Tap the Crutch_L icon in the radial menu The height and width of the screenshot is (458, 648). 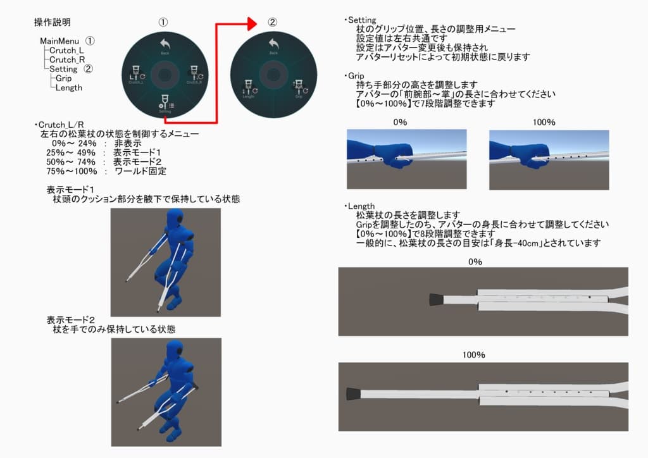[x=134, y=74]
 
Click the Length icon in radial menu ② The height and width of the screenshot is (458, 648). [x=248, y=89]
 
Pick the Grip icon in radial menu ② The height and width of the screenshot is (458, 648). [x=299, y=89]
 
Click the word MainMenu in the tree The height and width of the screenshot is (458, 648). [x=61, y=40]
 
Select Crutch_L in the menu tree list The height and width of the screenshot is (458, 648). [x=66, y=50]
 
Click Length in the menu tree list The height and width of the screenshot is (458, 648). [x=69, y=88]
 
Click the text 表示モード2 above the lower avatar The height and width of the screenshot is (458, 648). [x=70, y=319]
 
